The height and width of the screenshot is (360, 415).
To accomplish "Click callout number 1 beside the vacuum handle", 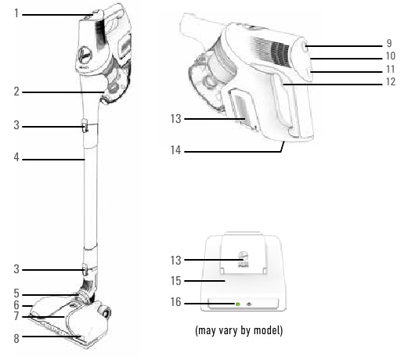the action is click(x=16, y=13).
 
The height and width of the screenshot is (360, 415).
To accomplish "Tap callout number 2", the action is click(x=16, y=92).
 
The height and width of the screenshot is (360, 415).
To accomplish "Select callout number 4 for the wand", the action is click(x=16, y=157).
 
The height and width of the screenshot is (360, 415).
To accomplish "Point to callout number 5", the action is click(x=16, y=293).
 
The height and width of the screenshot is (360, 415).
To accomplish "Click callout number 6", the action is click(x=16, y=305).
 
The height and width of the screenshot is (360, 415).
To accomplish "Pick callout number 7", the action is click(x=16, y=316).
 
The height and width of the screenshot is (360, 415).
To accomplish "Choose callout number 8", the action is click(x=16, y=339).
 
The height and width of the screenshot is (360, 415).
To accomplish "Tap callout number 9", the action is click(x=389, y=43).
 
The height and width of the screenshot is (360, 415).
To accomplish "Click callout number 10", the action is click(x=391, y=56).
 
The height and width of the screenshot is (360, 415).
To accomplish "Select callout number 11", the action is click(x=391, y=69).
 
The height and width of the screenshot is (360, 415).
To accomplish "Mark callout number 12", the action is click(x=391, y=81).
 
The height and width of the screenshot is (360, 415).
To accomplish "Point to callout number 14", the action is click(x=175, y=150).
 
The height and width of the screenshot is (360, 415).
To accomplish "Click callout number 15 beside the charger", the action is click(x=175, y=281).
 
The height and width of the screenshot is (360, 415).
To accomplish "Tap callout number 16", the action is click(x=175, y=302).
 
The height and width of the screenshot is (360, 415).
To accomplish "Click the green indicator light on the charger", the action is click(x=238, y=304).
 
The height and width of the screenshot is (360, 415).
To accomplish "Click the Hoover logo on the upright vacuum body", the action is click(x=85, y=55).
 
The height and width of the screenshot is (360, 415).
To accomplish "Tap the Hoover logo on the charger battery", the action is click(x=243, y=255).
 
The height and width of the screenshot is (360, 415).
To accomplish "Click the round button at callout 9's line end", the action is click(x=305, y=47).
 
